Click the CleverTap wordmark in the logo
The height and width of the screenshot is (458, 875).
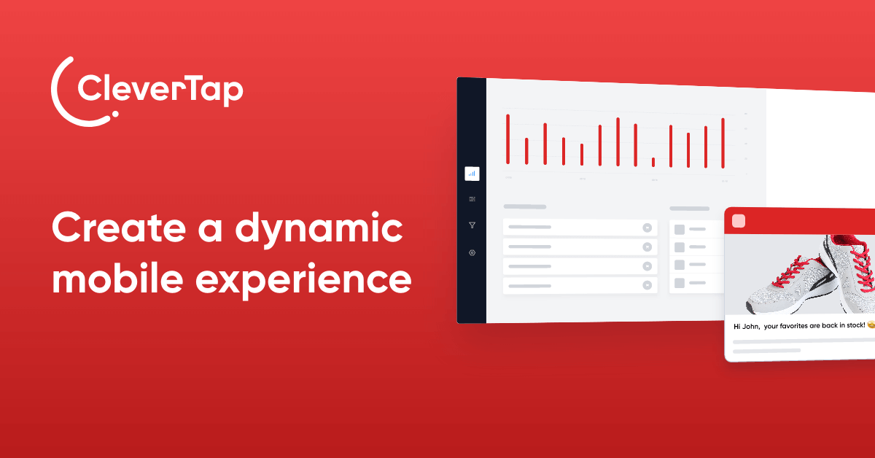[160, 91]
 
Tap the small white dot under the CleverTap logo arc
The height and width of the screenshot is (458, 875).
[114, 114]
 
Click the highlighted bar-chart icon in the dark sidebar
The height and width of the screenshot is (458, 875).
[472, 174]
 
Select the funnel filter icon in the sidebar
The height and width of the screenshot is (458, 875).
[472, 225]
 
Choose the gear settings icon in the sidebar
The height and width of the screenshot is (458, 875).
[472, 252]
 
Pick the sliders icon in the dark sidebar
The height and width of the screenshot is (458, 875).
[472, 199]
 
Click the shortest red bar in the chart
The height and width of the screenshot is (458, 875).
[653, 162]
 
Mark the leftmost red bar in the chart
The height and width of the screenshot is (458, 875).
[508, 139]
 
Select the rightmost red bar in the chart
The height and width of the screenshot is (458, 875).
[723, 143]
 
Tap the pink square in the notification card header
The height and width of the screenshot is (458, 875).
[738, 221]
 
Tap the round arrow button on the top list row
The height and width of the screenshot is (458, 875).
[647, 228]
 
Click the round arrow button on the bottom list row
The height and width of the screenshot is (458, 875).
[647, 286]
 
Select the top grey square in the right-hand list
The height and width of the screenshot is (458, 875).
[680, 229]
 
